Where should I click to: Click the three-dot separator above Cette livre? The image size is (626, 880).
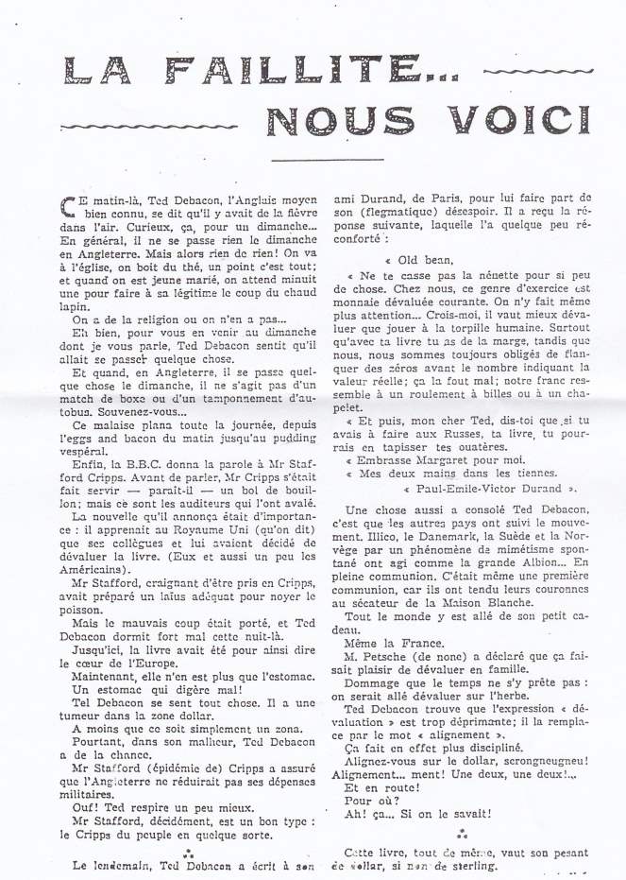pos(461,834)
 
